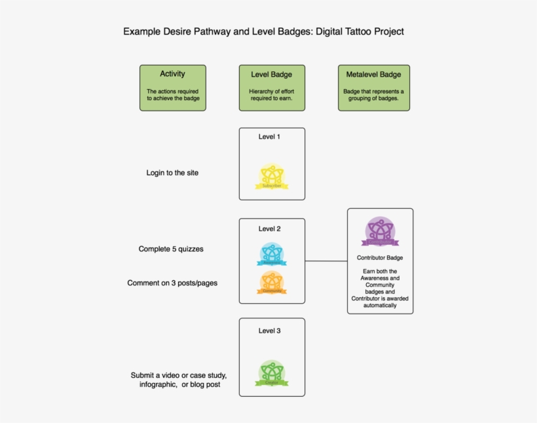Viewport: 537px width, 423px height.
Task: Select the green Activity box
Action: pos(173,88)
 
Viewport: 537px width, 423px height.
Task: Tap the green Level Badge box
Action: pos(271,88)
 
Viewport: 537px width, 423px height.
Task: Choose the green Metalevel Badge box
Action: pos(374,88)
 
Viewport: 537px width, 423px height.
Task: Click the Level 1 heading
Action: pos(269,137)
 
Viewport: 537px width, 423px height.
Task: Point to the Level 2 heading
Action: pos(269,229)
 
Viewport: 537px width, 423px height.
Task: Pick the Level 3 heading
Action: pos(269,331)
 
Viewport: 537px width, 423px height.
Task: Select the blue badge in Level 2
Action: pos(271,255)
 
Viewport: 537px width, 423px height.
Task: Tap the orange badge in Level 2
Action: pos(271,283)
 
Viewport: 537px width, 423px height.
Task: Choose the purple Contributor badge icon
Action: pos(380,231)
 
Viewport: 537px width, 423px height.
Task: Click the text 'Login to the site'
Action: pos(172,173)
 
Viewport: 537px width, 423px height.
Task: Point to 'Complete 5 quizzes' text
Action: pos(176,249)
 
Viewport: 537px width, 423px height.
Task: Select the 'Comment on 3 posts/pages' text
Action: pos(172,283)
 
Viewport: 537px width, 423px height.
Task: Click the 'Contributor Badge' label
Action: pos(380,258)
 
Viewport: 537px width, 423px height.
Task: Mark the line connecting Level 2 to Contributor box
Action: pos(326,261)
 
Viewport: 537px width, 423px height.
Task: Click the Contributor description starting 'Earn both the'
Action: pos(380,288)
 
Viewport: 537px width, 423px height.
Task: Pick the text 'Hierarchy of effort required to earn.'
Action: pos(271,95)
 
